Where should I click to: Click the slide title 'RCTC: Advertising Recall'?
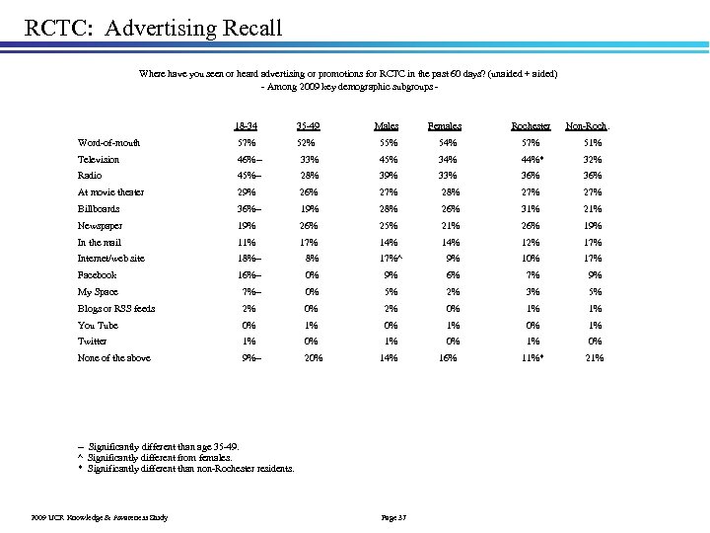coord(153,26)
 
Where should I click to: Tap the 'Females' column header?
coord(444,126)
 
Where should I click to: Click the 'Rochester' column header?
coord(531,126)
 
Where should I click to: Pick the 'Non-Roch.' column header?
coord(587,126)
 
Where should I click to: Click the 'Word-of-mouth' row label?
coord(108,142)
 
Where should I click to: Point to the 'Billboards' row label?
coord(99,209)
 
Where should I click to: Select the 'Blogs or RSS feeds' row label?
coord(116,309)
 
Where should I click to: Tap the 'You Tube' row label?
coord(98,325)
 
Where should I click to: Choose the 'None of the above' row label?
coord(113,358)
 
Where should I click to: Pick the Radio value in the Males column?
coord(387,176)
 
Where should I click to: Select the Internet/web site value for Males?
coord(389,259)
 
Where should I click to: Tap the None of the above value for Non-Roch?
coord(594,358)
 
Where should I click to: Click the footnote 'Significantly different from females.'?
coord(160,458)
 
